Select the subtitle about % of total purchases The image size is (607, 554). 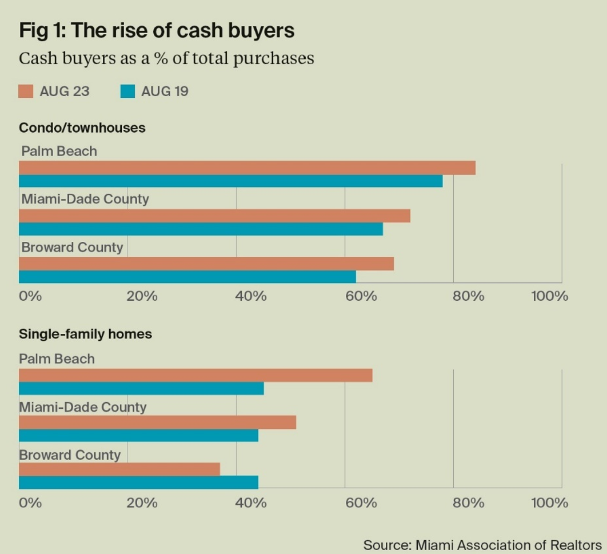tap(166, 58)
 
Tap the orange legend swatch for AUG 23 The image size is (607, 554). tap(26, 91)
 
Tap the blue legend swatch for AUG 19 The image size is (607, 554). tap(127, 91)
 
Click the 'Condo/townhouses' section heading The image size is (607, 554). tap(82, 127)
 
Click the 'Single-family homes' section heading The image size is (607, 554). tap(85, 334)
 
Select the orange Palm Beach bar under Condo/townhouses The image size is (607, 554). tap(247, 168)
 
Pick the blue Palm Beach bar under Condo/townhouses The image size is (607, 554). tap(230, 181)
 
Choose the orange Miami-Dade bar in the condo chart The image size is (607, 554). tap(214, 216)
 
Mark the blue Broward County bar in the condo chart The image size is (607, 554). tap(187, 276)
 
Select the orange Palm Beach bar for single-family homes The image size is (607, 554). tap(195, 375)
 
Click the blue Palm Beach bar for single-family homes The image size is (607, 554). tap(141, 388)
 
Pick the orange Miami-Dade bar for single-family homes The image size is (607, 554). tap(157, 423)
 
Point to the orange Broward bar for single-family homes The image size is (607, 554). tap(119, 469)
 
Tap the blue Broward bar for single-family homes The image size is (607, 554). tap(138, 482)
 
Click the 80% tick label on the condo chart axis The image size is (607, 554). tap(468, 296)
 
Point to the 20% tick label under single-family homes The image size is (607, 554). tap(142, 503)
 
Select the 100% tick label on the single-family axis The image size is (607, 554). tap(549, 503)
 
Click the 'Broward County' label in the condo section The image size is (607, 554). tap(72, 248)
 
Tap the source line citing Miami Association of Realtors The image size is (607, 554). tap(482, 544)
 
